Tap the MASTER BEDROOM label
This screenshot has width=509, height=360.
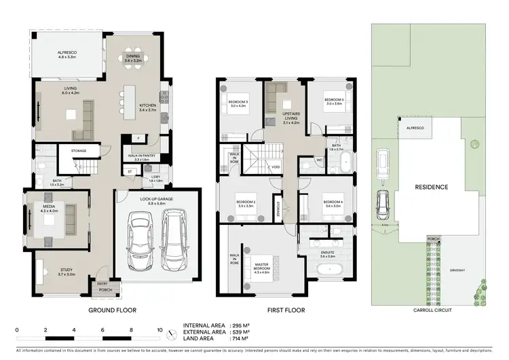point(262,266)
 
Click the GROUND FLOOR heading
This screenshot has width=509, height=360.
point(113,310)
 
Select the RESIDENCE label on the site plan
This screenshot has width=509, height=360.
point(432,186)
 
